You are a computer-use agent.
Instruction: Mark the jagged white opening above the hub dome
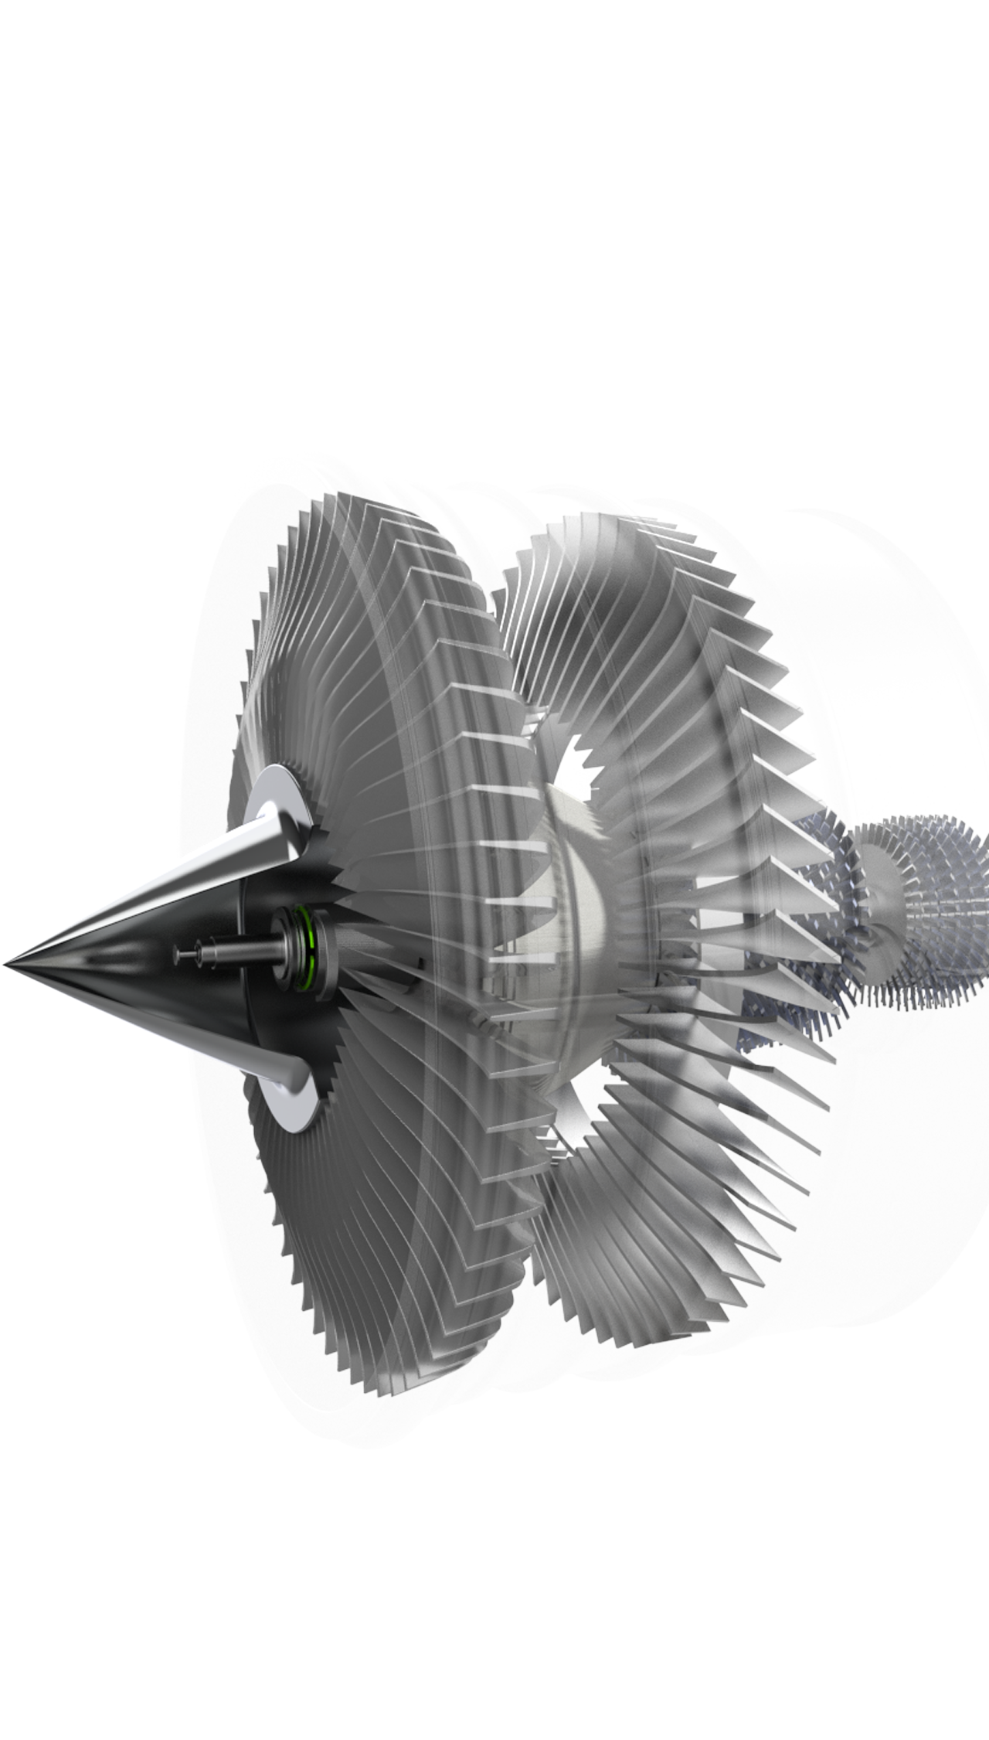[578, 761]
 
